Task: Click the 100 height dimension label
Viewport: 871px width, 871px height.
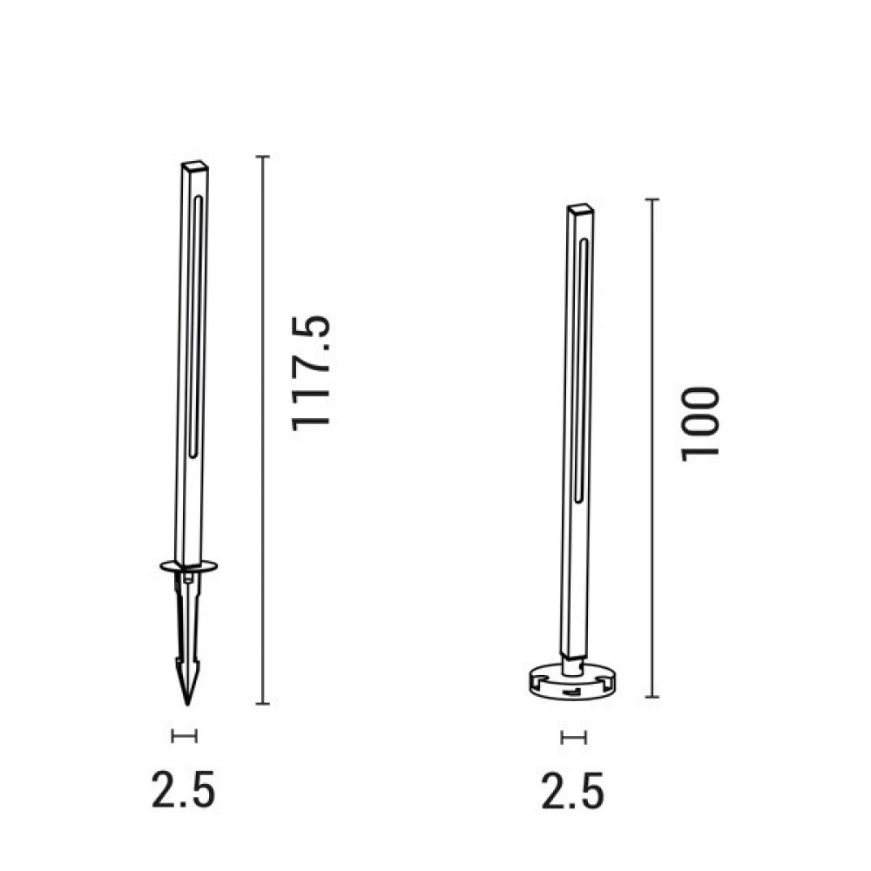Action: (x=701, y=423)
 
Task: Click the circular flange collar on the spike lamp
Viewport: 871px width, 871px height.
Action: (x=187, y=567)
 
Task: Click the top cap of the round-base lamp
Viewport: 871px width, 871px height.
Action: (x=581, y=209)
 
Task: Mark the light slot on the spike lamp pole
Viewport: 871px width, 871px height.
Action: (x=197, y=322)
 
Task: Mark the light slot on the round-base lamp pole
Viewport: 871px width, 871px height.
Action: (x=581, y=366)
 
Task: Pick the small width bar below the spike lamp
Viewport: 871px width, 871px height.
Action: (x=185, y=737)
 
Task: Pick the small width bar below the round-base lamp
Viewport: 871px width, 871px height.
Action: (x=573, y=738)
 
